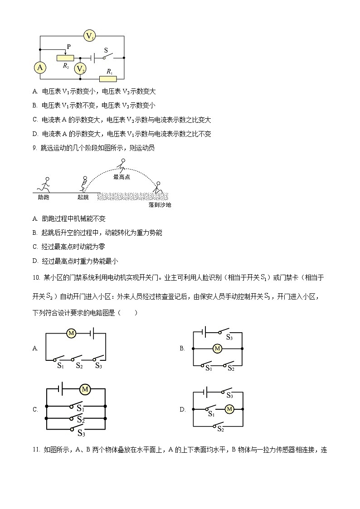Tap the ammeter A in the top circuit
click(x=40, y=68)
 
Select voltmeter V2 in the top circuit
click(x=80, y=68)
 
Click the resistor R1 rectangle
click(x=108, y=78)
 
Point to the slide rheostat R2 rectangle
click(x=65, y=58)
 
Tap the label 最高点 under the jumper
click(x=122, y=177)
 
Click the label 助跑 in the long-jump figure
click(x=44, y=197)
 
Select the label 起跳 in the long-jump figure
click(x=83, y=197)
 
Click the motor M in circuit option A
click(x=71, y=333)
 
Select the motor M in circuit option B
click(x=217, y=349)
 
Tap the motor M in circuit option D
click(x=229, y=409)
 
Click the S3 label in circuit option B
click(x=229, y=337)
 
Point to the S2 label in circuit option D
click(x=221, y=429)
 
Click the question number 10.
click(x=36, y=277)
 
